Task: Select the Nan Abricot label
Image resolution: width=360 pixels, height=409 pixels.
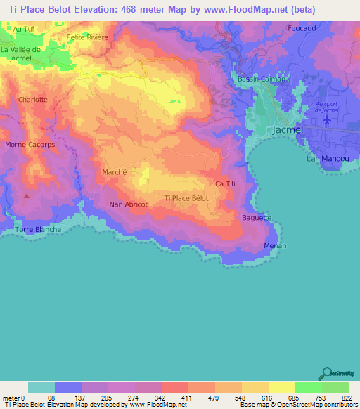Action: pos(128,204)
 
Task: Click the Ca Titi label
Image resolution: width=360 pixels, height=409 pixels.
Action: pos(224,183)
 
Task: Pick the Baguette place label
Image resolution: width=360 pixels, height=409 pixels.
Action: pos(257,218)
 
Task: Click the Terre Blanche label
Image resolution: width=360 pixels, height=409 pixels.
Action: pos(39,230)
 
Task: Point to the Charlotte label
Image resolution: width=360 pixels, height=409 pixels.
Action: pos(33,100)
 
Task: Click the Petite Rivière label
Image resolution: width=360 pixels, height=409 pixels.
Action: pos(87,37)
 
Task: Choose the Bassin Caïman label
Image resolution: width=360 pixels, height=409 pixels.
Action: pos(262,79)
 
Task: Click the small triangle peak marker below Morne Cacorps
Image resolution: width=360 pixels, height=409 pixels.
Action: pos(27,196)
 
